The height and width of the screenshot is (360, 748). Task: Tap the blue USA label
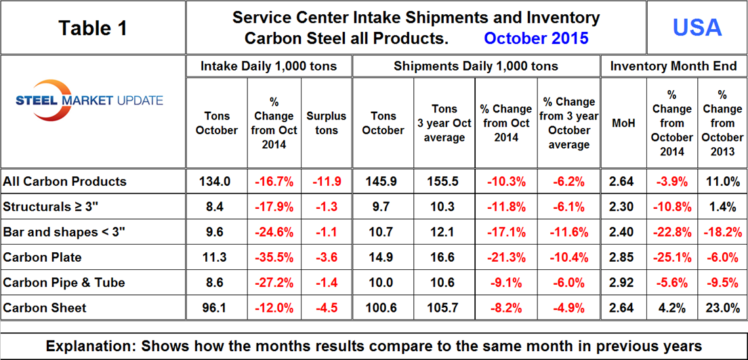pyautogui.click(x=697, y=27)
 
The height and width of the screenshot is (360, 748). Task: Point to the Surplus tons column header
pyautogui.click(x=326, y=123)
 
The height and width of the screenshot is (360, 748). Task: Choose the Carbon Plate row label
pyautogui.click(x=42, y=257)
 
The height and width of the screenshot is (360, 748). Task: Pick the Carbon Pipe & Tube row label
pyautogui.click(x=64, y=282)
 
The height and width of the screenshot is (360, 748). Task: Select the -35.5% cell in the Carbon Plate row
pyautogui.click(x=273, y=257)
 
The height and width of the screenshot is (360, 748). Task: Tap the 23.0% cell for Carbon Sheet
pyautogui.click(x=722, y=307)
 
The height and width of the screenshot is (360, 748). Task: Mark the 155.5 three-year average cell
pyautogui.click(x=444, y=182)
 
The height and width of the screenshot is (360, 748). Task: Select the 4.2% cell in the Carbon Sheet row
pyautogui.click(x=672, y=307)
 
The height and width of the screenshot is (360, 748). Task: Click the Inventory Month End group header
pyautogui.click(x=673, y=66)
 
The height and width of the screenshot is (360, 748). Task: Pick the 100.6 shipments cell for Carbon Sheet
pyautogui.click(x=383, y=307)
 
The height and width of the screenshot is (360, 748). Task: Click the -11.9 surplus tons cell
pyautogui.click(x=326, y=182)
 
